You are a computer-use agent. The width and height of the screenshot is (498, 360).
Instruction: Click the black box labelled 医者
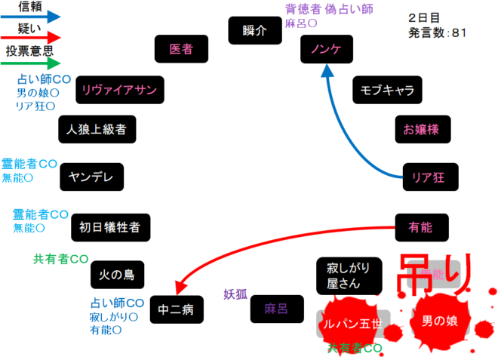click(x=181, y=49)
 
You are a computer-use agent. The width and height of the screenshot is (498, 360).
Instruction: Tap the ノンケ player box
click(x=326, y=50)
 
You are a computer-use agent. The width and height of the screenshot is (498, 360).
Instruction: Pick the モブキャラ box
click(x=387, y=91)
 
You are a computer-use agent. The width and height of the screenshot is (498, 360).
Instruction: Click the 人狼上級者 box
click(x=97, y=128)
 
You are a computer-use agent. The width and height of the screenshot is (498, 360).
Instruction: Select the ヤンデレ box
click(x=91, y=177)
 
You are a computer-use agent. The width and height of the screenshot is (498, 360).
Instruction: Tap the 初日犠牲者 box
click(x=110, y=226)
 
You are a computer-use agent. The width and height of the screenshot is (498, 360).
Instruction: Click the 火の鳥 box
click(x=117, y=275)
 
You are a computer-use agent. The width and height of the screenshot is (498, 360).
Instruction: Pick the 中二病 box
click(x=177, y=309)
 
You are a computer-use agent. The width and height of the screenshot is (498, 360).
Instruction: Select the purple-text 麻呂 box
click(x=276, y=309)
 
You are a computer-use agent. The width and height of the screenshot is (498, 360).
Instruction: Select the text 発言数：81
click(x=438, y=33)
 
